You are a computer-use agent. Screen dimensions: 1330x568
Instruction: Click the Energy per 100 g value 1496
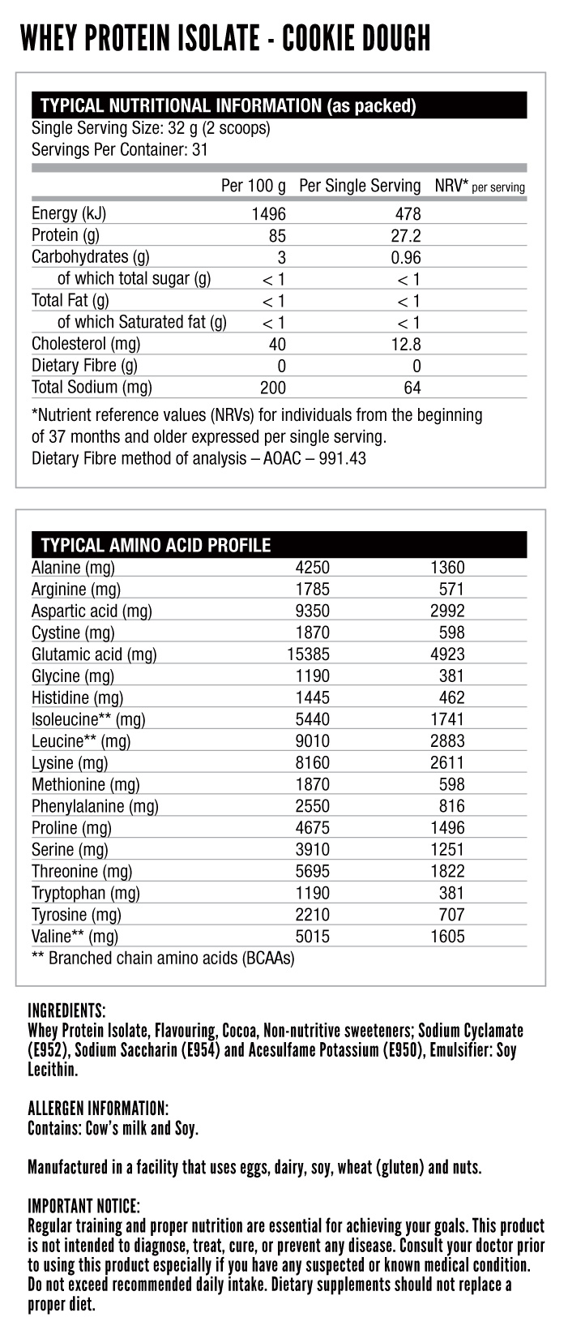[268, 214]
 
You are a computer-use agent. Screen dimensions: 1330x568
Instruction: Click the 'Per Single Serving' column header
[360, 186]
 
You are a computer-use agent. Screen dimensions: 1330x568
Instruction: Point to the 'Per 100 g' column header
[253, 186]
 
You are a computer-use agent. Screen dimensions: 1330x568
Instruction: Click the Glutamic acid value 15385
[308, 654]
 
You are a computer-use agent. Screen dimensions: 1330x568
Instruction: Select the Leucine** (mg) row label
[81, 741]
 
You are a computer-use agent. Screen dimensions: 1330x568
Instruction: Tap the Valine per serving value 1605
[447, 937]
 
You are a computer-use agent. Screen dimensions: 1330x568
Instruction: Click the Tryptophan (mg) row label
[86, 893]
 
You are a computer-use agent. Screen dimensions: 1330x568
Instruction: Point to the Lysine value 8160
[313, 763]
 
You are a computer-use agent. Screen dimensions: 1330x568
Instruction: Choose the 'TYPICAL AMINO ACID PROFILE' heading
[156, 545]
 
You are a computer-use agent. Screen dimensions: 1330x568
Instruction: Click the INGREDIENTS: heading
[66, 1011]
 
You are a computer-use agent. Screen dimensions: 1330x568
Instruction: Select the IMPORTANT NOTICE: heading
[84, 1206]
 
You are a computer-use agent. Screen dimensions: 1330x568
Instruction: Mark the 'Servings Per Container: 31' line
[120, 149]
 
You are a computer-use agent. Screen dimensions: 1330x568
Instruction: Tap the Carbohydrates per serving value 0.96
[405, 258]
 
